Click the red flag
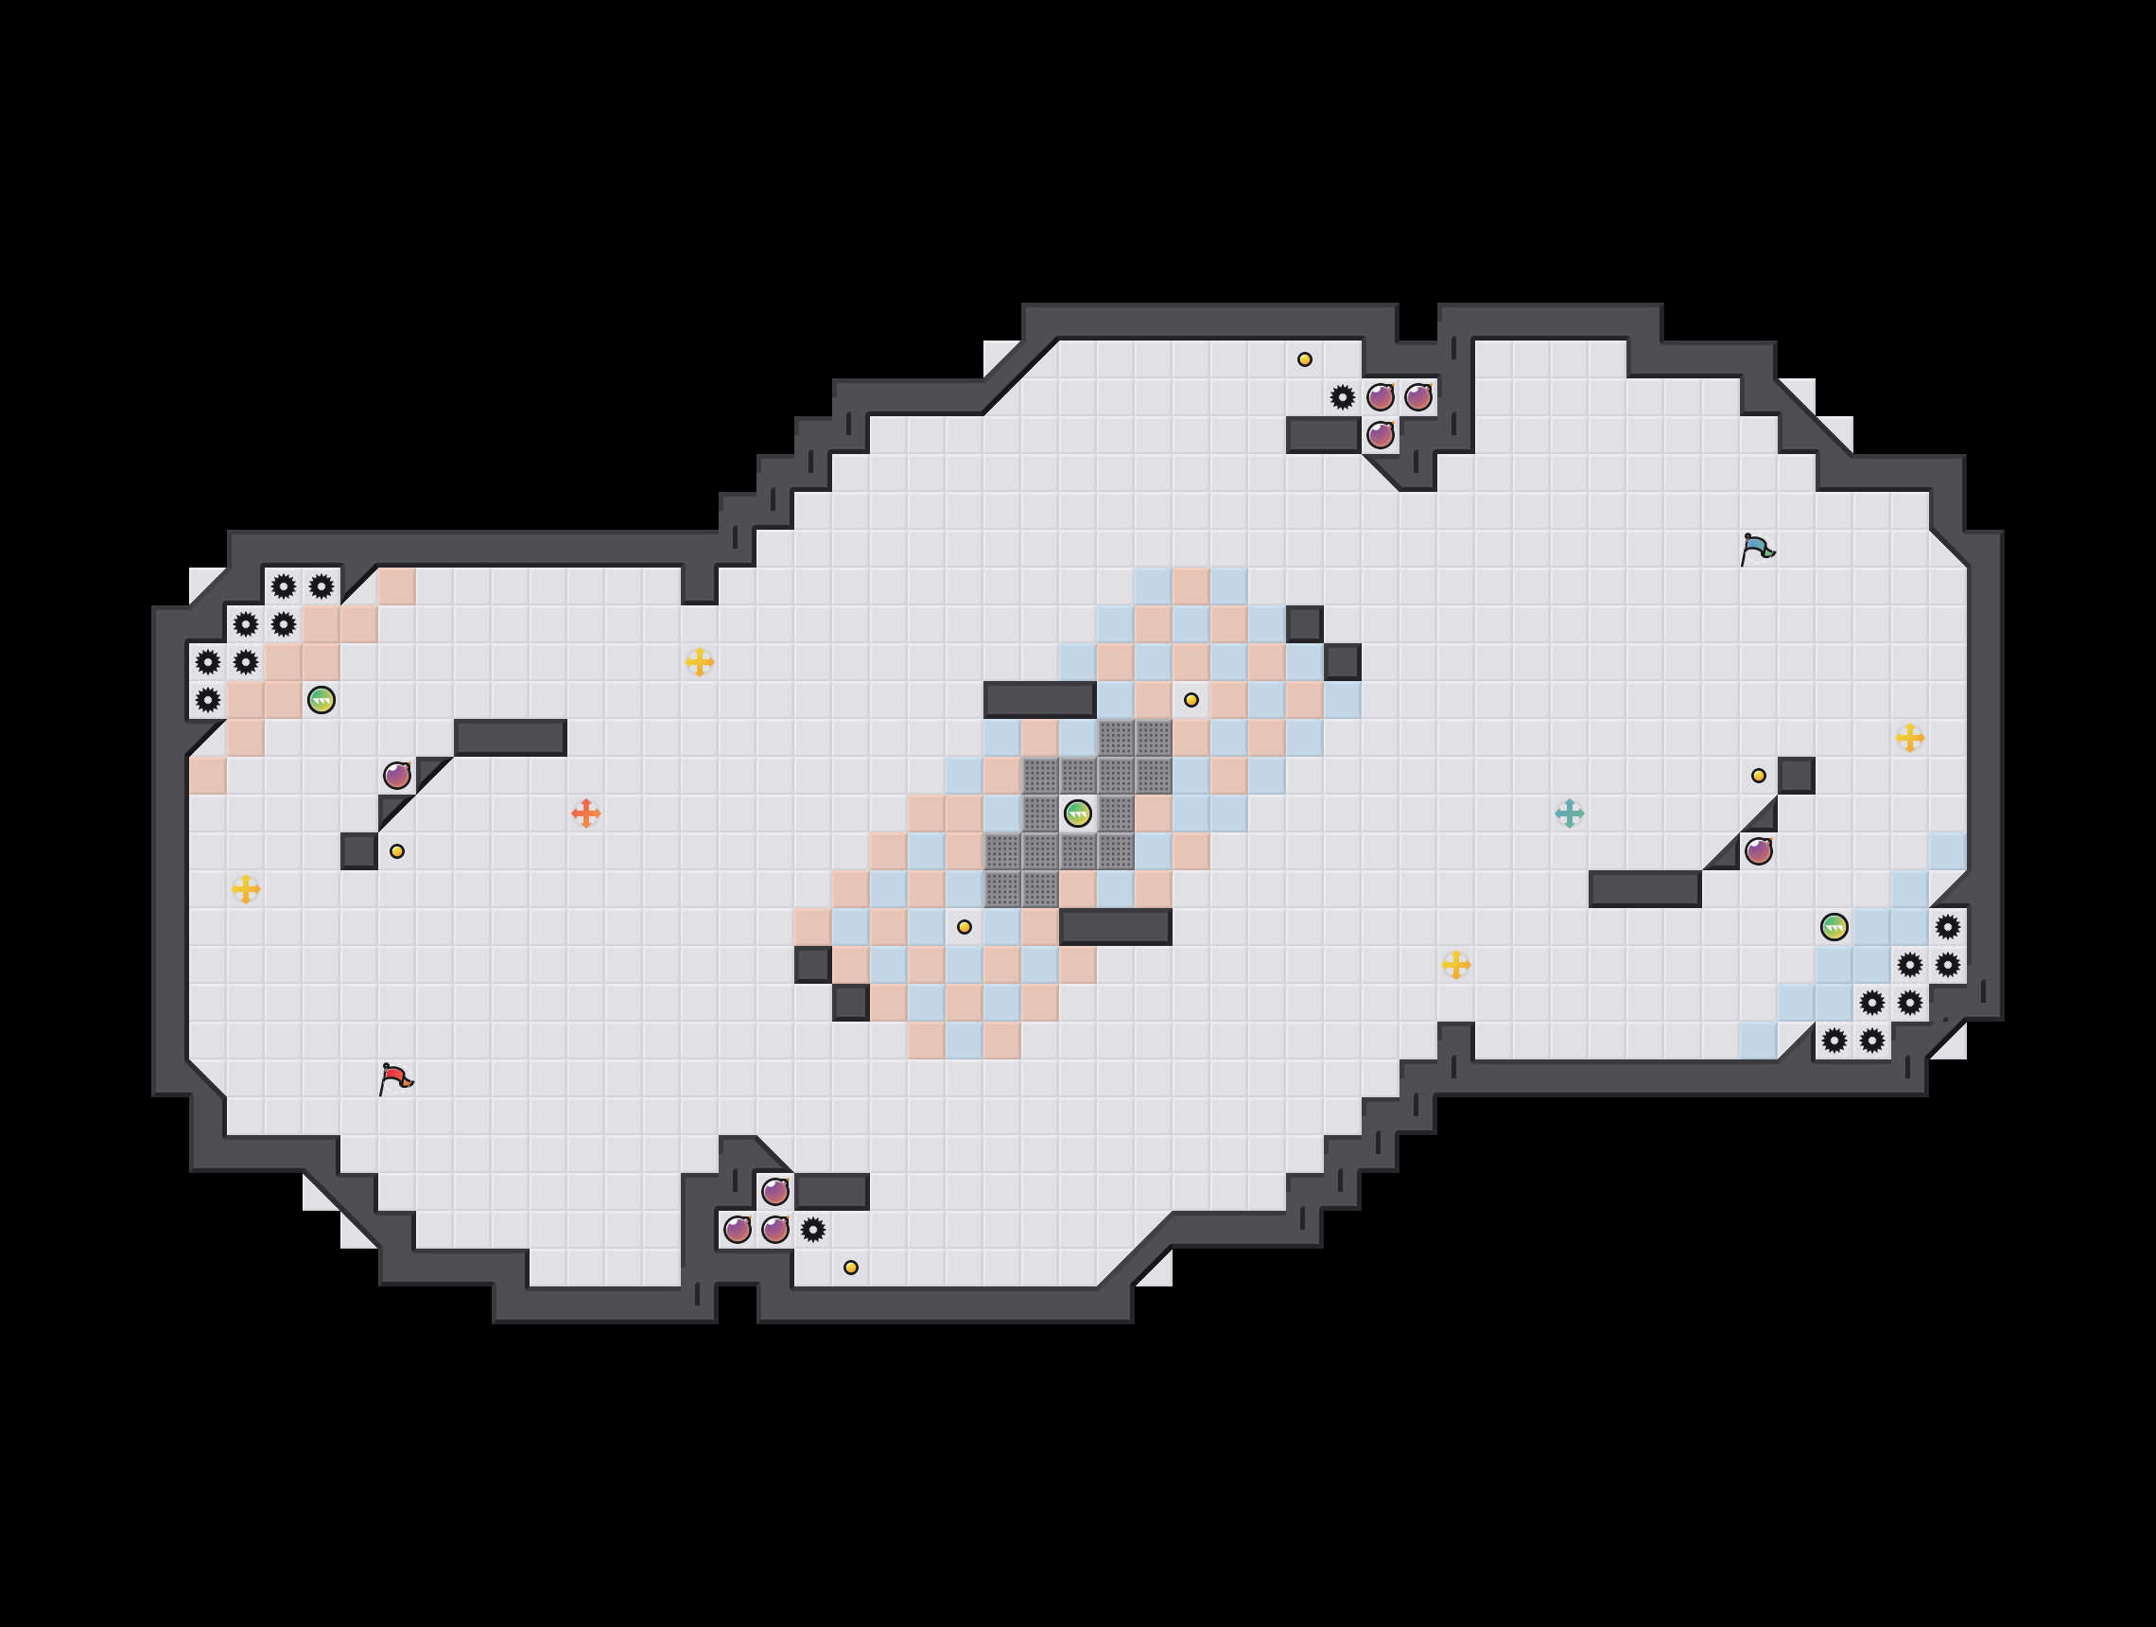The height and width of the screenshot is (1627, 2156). pyautogui.click(x=395, y=1078)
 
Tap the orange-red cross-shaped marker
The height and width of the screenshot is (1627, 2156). pyautogui.click(x=585, y=813)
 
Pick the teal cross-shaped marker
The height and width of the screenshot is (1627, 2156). pyautogui.click(x=1569, y=813)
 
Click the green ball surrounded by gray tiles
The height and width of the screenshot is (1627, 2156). pyautogui.click(x=1077, y=813)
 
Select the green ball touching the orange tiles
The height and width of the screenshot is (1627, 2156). pyautogui.click(x=321, y=700)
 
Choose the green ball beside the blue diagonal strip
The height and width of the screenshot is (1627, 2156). pyautogui.click(x=1834, y=927)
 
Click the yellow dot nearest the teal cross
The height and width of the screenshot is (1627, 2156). pyautogui.click(x=1758, y=776)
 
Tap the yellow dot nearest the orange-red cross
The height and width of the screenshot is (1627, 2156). pyautogui.click(x=397, y=851)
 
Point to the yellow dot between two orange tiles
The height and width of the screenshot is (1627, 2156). pyautogui.click(x=1191, y=700)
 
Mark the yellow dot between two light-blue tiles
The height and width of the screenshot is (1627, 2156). pyautogui.click(x=964, y=927)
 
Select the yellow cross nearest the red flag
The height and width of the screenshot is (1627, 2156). pyautogui.click(x=246, y=889)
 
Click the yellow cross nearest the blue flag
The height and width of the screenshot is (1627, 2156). pyautogui.click(x=1909, y=738)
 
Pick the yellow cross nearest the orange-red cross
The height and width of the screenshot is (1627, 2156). pyautogui.click(x=700, y=662)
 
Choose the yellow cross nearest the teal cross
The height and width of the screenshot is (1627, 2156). pyautogui.click(x=1456, y=965)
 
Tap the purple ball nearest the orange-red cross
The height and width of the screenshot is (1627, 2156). pyautogui.click(x=397, y=776)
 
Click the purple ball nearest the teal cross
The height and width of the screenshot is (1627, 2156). pyautogui.click(x=1758, y=851)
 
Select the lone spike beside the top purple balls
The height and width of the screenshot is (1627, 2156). pyautogui.click(x=1342, y=396)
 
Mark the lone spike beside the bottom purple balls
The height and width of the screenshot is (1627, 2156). pyautogui.click(x=813, y=1230)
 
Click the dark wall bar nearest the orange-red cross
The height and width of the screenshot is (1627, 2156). pyautogui.click(x=510, y=738)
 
